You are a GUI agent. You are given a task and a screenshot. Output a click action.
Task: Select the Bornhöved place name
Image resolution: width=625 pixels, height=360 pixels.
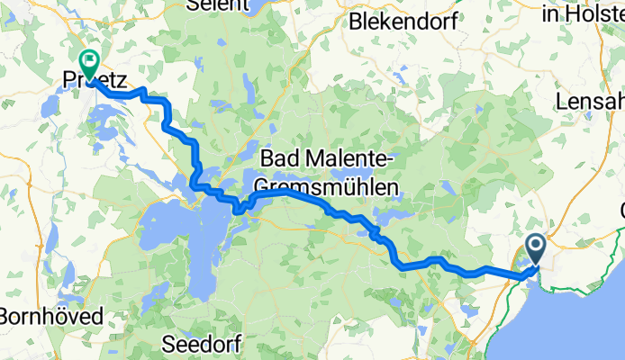[51, 316]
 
